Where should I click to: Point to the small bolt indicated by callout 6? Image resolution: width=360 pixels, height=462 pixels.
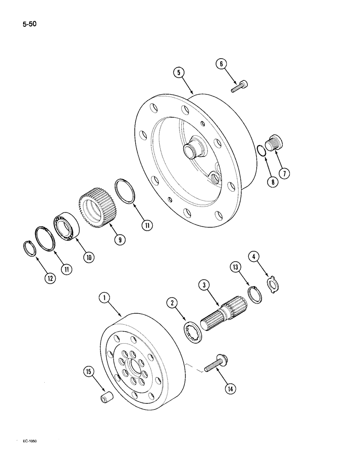[237, 86]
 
